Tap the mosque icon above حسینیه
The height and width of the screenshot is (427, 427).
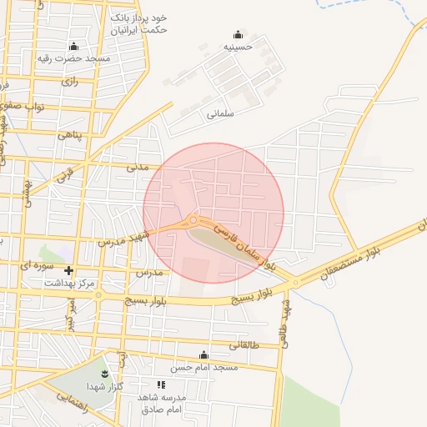tap(239, 35)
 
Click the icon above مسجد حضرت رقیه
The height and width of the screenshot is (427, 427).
tap(73, 46)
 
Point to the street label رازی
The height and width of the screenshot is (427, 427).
tap(69, 82)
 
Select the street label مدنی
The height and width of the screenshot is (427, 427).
tap(138, 167)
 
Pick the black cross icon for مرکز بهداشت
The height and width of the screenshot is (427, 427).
tap(68, 270)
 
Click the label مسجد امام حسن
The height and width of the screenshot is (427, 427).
tap(204, 367)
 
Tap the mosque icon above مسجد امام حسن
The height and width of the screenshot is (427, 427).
tap(204, 355)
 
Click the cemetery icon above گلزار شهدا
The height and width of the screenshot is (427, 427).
tap(105, 373)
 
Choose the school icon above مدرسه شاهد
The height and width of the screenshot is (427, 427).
tap(162, 384)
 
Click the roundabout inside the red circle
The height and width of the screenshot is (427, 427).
tap(193, 220)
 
